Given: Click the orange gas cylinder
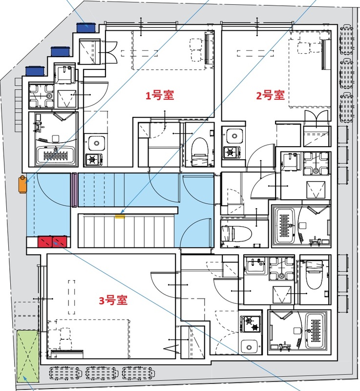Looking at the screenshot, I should [22, 184].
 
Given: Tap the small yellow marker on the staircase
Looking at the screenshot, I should [120, 214].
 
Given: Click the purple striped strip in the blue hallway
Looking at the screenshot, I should [75, 190].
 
